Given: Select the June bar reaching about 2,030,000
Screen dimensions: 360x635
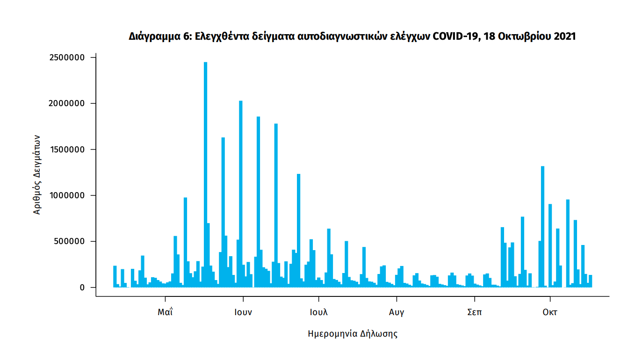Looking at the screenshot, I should [241, 187].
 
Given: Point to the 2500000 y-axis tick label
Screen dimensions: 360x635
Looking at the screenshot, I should [67, 58].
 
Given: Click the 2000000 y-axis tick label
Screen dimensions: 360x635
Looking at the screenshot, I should [67, 103].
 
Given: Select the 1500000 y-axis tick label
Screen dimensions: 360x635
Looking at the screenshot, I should [67, 150].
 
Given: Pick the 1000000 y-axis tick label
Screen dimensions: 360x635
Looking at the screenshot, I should [67, 195].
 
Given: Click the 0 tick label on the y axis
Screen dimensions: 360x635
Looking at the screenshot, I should [82, 288].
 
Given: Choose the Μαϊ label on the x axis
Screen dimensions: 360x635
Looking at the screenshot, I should [165, 312].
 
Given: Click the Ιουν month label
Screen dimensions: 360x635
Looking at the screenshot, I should [243, 312].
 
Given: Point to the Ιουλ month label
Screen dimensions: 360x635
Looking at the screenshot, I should [318, 312].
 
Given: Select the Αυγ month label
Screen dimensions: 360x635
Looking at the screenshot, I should [397, 312].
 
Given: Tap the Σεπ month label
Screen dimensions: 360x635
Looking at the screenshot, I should [474, 312].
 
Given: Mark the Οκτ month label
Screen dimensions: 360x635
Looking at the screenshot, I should [550, 312].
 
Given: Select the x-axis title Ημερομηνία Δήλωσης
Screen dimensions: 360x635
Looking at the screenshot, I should [353, 334].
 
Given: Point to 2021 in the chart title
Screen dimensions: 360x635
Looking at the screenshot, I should [564, 36].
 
